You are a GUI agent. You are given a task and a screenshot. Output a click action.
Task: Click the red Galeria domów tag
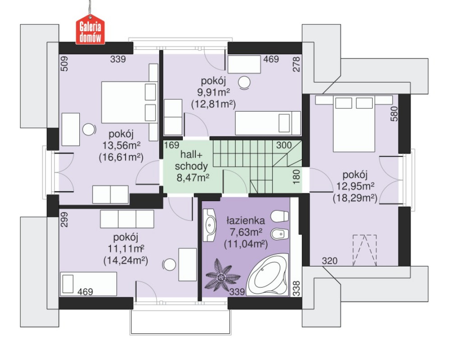[90, 32]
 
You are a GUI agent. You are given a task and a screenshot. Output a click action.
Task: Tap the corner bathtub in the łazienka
[268, 274]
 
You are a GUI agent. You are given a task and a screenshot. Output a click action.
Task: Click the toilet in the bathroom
[279, 216]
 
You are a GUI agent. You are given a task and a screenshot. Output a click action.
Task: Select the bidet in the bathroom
[280, 234]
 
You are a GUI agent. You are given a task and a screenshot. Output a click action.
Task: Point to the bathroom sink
[210, 224]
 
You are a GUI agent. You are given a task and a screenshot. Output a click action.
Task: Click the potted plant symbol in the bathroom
[222, 276]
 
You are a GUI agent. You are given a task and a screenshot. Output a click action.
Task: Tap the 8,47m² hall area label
[193, 178]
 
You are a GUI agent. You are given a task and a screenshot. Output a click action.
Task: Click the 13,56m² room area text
[121, 145]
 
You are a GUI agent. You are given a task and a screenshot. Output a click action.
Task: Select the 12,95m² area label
[355, 186]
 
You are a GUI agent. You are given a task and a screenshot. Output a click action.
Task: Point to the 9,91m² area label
[213, 92]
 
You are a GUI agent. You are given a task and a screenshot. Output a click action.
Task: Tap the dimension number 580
[394, 114]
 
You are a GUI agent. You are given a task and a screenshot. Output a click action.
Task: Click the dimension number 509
[65, 64]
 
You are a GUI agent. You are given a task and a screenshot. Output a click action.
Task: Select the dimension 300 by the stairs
[284, 145]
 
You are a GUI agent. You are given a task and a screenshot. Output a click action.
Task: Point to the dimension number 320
[329, 261]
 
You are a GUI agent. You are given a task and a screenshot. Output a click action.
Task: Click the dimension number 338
[296, 288]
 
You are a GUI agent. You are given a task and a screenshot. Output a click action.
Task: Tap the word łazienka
[245, 220]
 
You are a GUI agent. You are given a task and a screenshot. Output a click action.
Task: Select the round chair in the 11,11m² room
[169, 265]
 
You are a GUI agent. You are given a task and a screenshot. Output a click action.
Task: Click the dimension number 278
[296, 64]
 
